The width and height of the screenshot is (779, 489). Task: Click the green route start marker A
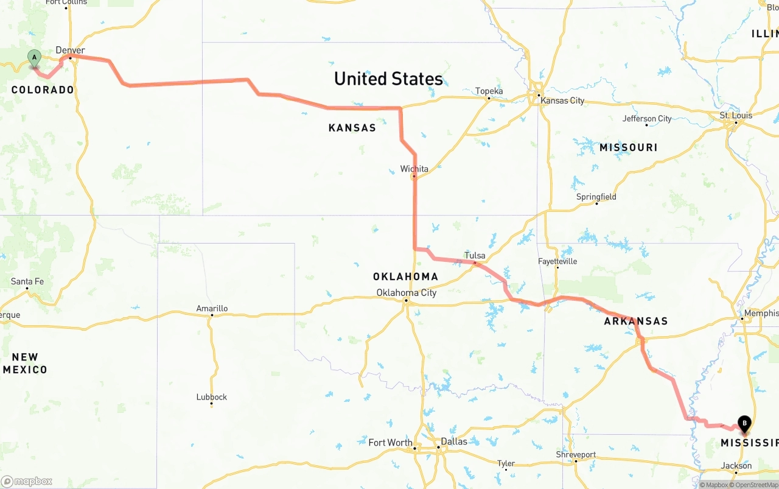pos(35,58)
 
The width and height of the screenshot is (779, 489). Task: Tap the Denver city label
pos(71,51)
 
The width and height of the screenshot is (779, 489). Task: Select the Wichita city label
pos(414,169)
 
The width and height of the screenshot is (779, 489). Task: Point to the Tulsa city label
pos(475,255)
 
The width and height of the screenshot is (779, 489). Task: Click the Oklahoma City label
pos(406,293)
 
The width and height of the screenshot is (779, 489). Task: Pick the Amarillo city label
pos(212,308)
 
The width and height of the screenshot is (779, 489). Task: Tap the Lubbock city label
pos(212,397)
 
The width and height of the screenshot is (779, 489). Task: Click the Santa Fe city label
pos(27,281)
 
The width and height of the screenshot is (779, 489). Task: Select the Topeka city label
pos(489,91)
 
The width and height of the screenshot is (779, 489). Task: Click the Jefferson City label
pos(647,119)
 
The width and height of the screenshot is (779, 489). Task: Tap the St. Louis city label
pos(736,115)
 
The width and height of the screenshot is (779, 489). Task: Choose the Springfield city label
pos(596,197)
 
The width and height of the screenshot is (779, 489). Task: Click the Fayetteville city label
pos(557,261)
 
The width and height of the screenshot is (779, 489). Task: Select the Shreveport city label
pos(576,454)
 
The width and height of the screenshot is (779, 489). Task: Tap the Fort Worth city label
pos(390,443)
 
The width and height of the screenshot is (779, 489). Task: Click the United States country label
pos(388,79)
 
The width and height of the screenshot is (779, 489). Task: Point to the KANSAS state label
pos(352,128)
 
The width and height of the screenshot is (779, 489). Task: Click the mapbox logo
pos(27,481)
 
